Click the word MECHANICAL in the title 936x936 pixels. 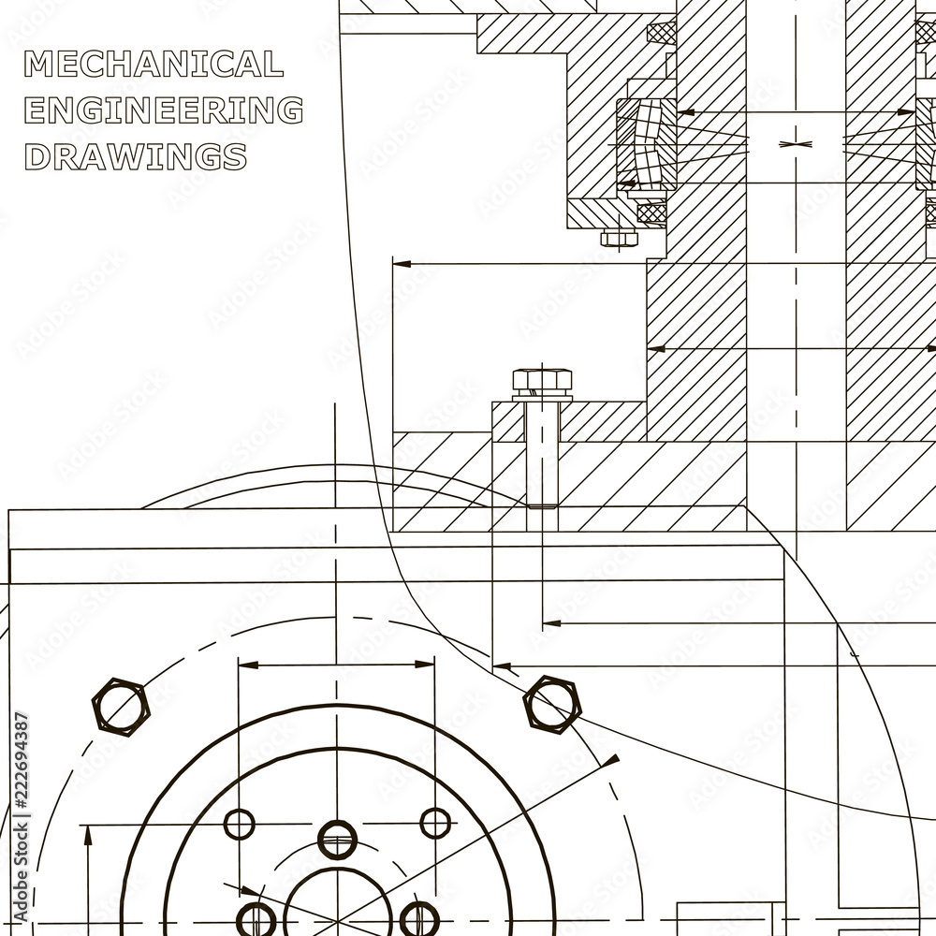(x=154, y=64)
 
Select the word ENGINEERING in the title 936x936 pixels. (x=164, y=110)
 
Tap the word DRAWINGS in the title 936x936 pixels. (x=136, y=156)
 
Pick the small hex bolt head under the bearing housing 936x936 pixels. (x=619, y=238)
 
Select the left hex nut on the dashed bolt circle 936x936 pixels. (x=121, y=706)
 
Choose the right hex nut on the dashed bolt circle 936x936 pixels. (x=552, y=705)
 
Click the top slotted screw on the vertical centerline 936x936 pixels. (x=337, y=840)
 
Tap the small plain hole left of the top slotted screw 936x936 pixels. (x=239, y=825)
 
